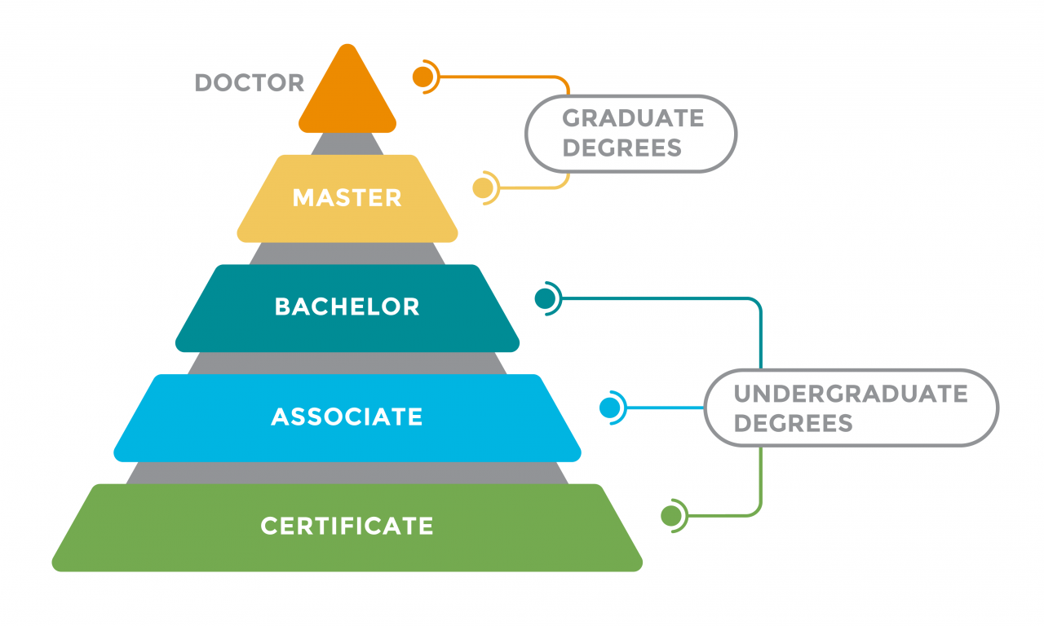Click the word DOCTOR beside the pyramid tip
point(250,83)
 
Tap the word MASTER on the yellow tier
point(347,198)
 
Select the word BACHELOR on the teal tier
point(347,307)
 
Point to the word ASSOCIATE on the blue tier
point(347,417)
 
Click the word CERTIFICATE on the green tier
point(347,526)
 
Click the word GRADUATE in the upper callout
point(633,118)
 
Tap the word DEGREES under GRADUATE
point(622,148)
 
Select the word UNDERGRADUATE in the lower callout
point(851,394)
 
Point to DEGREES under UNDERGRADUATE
point(793,423)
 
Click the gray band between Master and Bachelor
point(347,253)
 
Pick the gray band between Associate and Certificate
point(347,473)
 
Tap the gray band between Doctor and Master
point(347,144)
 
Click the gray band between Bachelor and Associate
point(347,364)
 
